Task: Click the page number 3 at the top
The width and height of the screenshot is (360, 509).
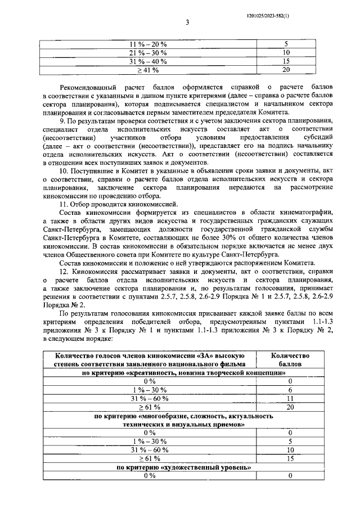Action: pyautogui.click(x=187, y=22)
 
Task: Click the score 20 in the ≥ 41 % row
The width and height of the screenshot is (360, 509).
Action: pyautogui.click(x=286, y=70)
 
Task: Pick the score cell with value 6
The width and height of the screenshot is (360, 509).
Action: pyautogui.click(x=289, y=390)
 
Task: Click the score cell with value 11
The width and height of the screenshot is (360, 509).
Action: pyautogui.click(x=289, y=398)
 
